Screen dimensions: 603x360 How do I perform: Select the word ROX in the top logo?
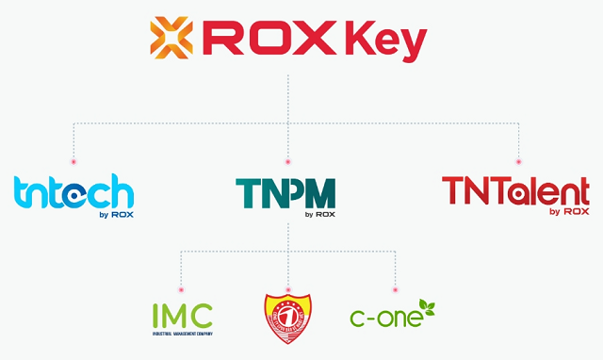pos(272,39)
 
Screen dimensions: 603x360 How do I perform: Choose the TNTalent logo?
pos(515,190)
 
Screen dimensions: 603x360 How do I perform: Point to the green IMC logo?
pos(183,316)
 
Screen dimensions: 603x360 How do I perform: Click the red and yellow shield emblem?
pos(288,316)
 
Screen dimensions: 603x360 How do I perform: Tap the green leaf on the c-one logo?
pos(426,305)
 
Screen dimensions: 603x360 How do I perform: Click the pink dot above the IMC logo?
pos(181,288)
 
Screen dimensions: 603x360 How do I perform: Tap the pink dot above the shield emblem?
pos(288,288)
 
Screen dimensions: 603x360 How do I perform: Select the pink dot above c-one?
pos(395,288)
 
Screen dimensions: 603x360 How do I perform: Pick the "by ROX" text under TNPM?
pos(320,214)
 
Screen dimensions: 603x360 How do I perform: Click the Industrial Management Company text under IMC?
pos(183,333)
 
